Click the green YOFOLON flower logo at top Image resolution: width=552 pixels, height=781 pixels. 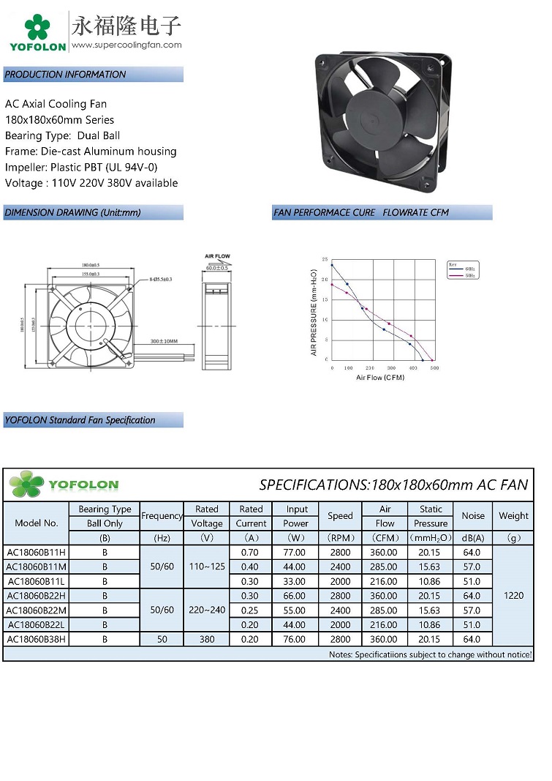[36, 27]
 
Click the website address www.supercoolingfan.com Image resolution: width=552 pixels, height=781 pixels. [126, 45]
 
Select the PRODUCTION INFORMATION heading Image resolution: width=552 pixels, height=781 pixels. [65, 75]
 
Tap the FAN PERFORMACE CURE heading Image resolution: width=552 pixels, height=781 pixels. [324, 213]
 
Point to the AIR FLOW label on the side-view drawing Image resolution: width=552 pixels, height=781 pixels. [217, 257]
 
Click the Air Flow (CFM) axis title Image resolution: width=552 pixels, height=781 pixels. [380, 378]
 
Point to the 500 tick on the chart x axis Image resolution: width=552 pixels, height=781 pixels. [434, 368]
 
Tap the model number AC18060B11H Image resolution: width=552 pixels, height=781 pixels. [36, 553]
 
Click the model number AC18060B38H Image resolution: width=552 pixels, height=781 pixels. [36, 639]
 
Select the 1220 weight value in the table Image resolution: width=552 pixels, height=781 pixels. [513, 596]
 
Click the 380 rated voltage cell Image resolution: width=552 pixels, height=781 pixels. [206, 639]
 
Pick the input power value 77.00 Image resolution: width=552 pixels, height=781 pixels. [297, 553]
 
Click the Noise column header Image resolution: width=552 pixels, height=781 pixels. [472, 516]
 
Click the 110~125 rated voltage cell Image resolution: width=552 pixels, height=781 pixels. [206, 567]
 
